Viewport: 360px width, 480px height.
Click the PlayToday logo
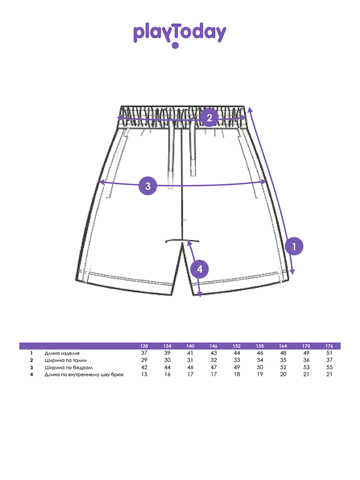[x=180, y=35]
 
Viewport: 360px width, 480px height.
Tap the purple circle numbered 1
[x=294, y=246]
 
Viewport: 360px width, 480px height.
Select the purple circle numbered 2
[x=209, y=118]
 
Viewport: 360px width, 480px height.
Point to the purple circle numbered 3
[x=148, y=186]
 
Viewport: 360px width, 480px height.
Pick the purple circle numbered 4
[x=200, y=269]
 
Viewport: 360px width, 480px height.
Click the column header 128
[x=144, y=346]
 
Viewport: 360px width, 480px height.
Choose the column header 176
[x=329, y=346]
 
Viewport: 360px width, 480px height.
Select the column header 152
[x=236, y=346]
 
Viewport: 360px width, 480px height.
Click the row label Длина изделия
[x=62, y=353]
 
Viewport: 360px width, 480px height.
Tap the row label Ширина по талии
[x=66, y=360]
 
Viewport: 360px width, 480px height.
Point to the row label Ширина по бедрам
[x=69, y=368]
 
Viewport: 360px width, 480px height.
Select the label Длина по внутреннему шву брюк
[x=84, y=374]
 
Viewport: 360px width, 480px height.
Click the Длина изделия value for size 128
[x=144, y=353]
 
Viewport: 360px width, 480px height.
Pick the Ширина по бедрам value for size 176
[x=329, y=367]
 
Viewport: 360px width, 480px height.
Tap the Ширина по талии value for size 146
[x=214, y=360]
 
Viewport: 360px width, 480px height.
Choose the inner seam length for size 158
[x=260, y=374]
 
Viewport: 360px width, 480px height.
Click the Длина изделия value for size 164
[x=283, y=353]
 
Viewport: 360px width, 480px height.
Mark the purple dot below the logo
[x=175, y=45]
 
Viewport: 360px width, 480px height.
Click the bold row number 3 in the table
[x=32, y=368]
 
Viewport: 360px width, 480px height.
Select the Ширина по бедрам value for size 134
[x=167, y=367]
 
